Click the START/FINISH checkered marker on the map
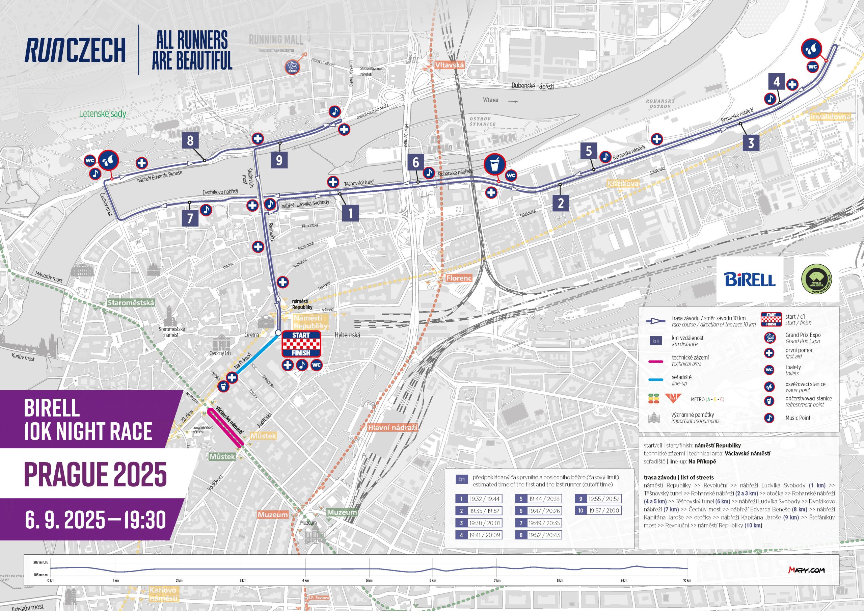point(301,344)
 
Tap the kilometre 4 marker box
point(776,81)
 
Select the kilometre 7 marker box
point(190,218)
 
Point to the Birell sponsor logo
point(750,279)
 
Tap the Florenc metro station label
point(459,278)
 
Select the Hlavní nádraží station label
point(393,428)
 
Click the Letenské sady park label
point(103,113)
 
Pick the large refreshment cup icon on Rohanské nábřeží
point(494,164)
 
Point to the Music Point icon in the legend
point(769,418)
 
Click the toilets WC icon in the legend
point(769,370)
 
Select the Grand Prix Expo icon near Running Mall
point(292,67)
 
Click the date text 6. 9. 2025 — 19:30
point(95,520)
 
